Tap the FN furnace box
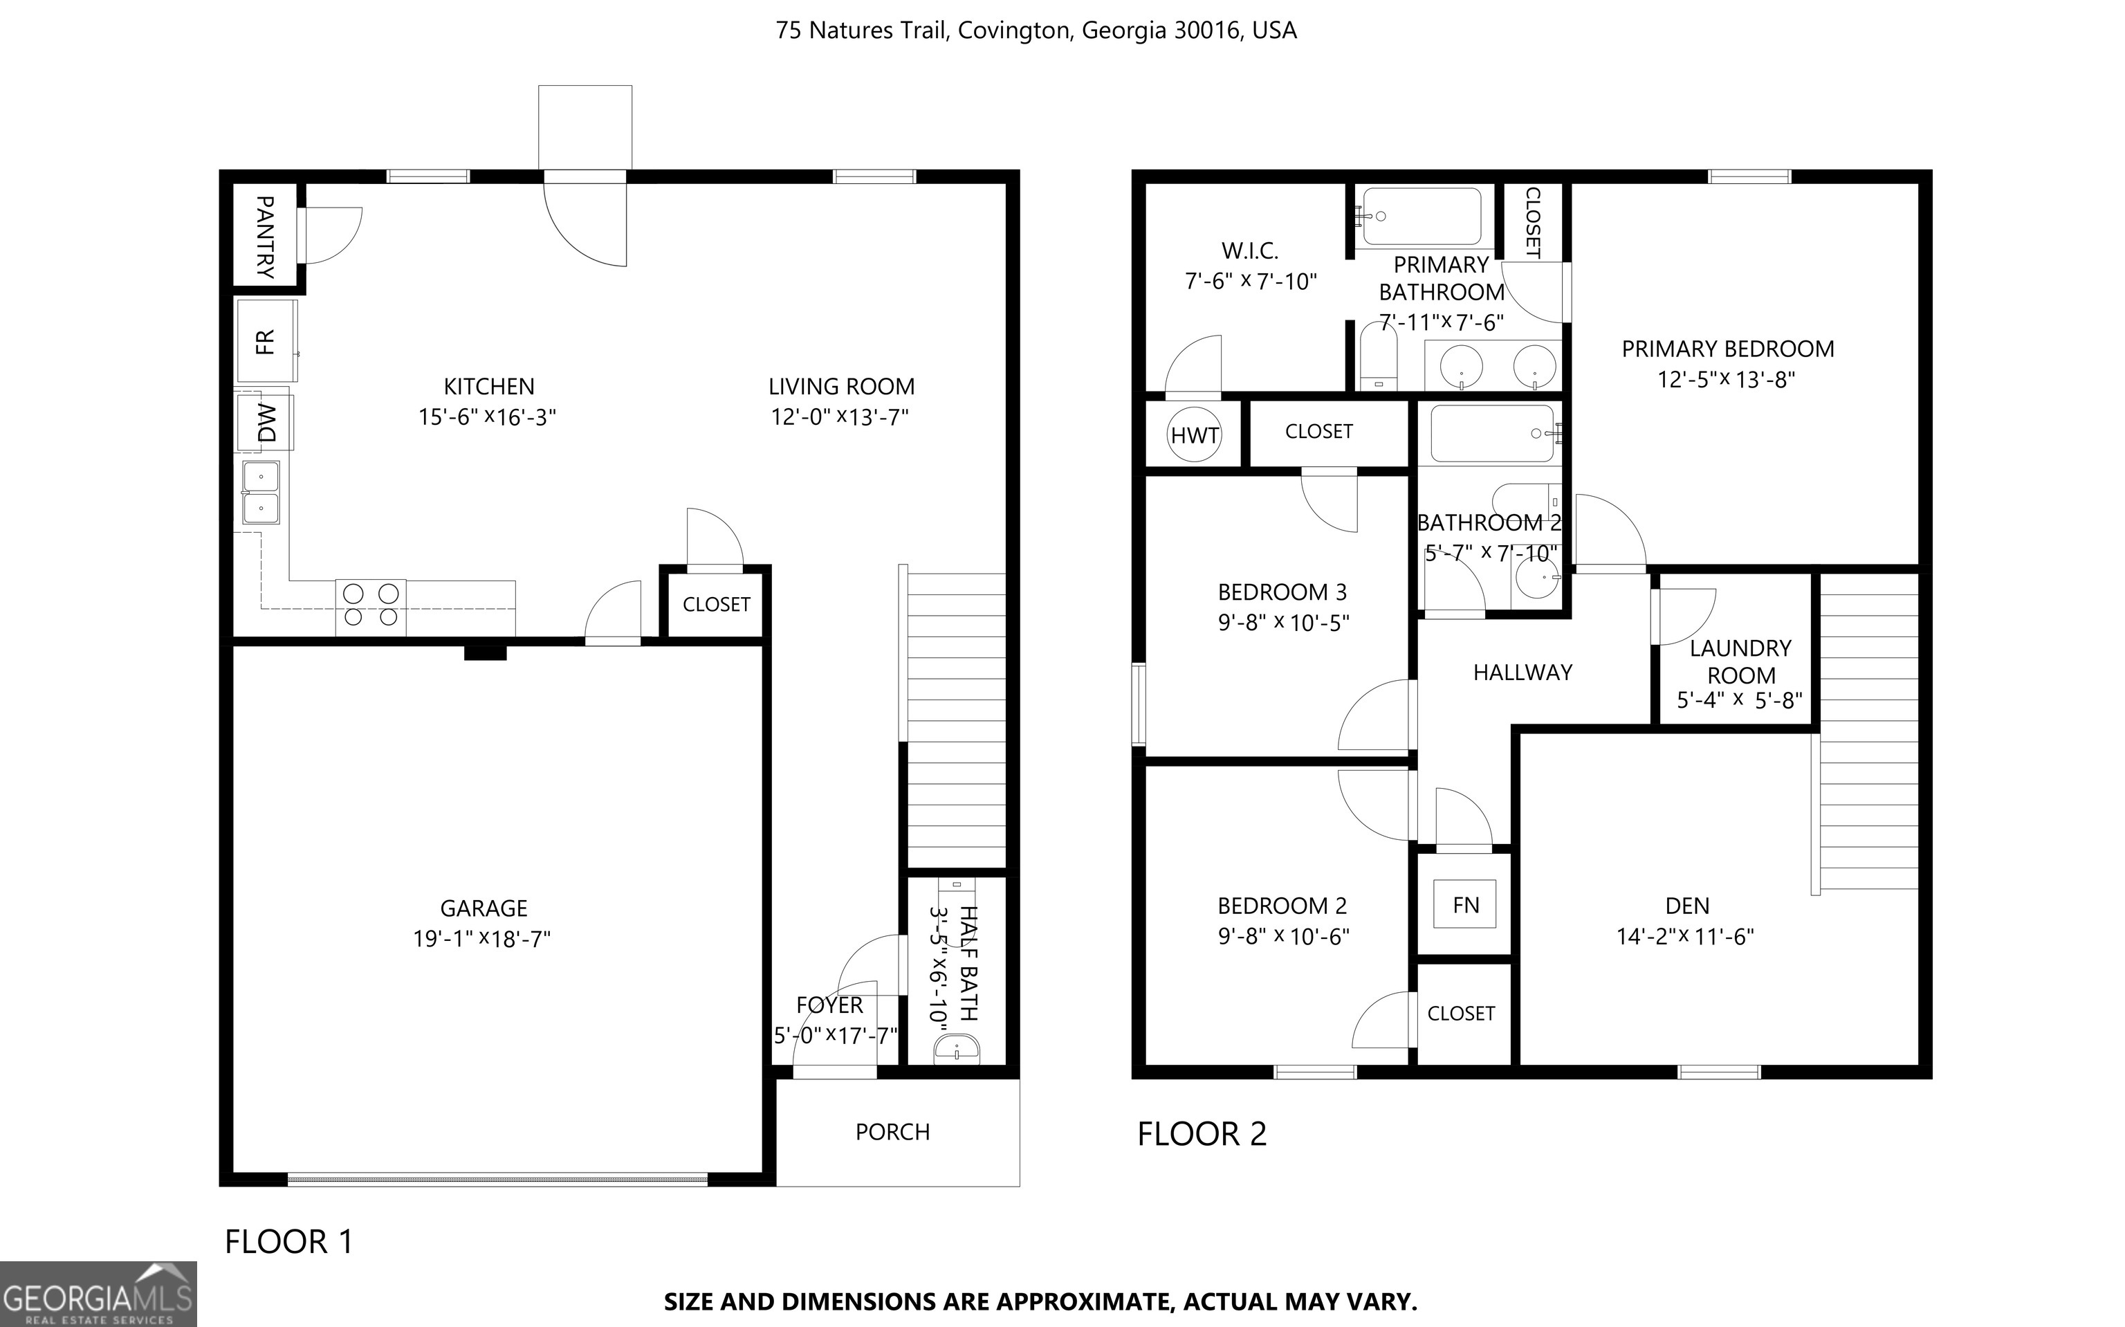[1464, 905]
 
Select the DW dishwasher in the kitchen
[265, 422]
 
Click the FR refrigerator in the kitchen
[266, 340]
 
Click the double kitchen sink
[261, 493]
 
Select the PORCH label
[892, 1132]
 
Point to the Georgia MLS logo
[98, 1294]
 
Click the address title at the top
[1036, 30]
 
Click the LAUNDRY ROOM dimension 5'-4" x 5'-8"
[1740, 700]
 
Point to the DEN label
[1687, 906]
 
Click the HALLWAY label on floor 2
[1523, 672]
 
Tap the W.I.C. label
[1250, 251]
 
